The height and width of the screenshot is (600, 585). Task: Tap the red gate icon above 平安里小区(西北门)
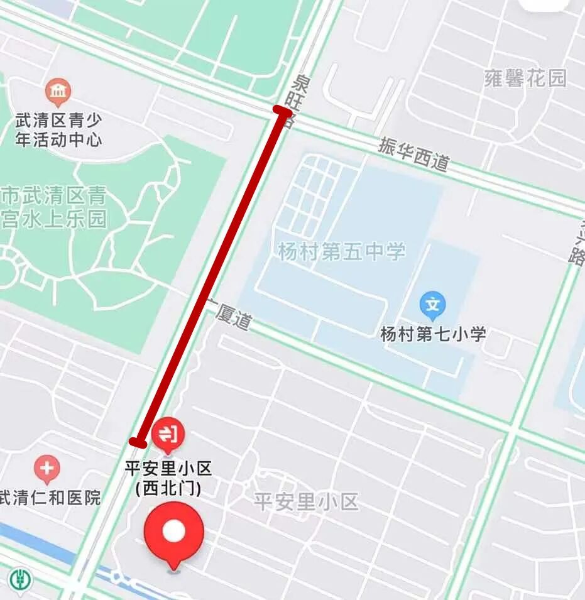[168, 434]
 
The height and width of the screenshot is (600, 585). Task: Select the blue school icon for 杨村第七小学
[432, 305]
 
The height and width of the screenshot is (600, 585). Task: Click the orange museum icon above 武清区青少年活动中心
[58, 93]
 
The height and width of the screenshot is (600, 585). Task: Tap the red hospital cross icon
[47, 469]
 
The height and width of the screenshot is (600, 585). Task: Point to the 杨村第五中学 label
[342, 252]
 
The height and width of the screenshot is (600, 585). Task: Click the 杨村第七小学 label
[433, 334]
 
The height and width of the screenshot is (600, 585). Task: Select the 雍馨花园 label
[525, 78]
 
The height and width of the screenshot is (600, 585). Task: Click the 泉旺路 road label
[295, 101]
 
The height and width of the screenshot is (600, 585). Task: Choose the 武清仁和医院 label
[50, 498]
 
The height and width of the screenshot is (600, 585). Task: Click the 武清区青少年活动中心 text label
[58, 129]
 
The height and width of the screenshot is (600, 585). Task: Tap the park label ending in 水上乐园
[53, 208]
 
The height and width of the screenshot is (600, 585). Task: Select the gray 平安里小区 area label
[306, 502]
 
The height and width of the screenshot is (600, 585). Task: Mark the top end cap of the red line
[282, 111]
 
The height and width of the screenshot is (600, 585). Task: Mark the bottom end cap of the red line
[138, 442]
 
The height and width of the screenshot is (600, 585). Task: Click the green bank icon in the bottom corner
[21, 578]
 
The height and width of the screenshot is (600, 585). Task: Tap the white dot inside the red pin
[174, 532]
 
